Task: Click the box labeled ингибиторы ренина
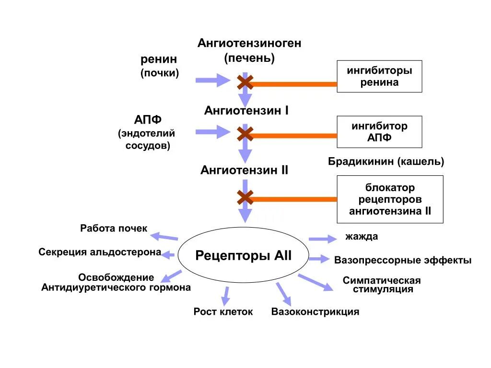point(379,76)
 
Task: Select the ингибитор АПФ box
point(379,132)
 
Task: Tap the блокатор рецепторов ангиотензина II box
point(390,199)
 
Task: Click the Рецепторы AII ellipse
point(243,255)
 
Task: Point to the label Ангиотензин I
point(246,111)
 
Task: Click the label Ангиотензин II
point(244,170)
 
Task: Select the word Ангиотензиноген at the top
point(249,43)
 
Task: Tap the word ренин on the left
point(159,59)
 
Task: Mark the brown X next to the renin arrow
point(245,83)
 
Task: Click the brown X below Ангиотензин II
point(245,197)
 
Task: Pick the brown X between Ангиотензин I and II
point(245,134)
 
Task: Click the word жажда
point(362,237)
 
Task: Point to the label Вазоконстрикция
point(315,312)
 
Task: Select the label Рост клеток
point(223,312)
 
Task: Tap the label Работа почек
point(114,229)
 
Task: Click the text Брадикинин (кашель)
point(386,161)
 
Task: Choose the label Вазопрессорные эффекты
point(403,260)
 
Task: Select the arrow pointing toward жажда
point(322,238)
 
